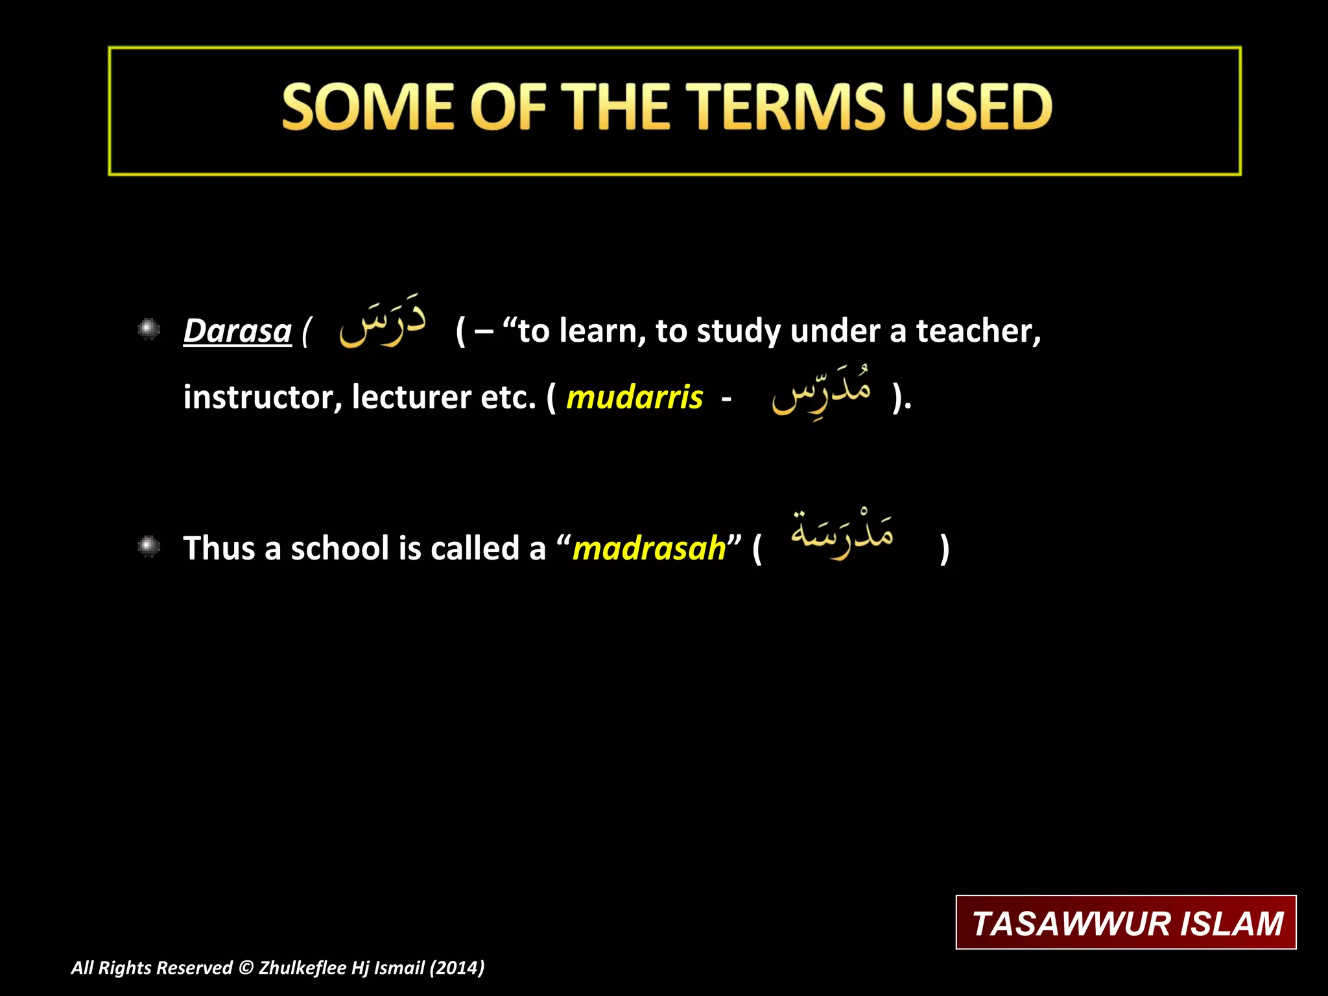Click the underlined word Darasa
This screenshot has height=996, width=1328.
pyautogui.click(x=237, y=331)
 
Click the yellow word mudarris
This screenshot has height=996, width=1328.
pyautogui.click(x=634, y=397)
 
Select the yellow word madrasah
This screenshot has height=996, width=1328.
pyautogui.click(x=649, y=549)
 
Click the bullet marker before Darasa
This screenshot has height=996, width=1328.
pyautogui.click(x=149, y=329)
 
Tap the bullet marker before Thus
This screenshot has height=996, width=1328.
pyautogui.click(x=149, y=547)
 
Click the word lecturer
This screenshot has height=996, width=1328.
pyautogui.click(x=411, y=397)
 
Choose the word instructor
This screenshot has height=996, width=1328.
pyautogui.click(x=263, y=397)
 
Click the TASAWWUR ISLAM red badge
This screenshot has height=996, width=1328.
pyautogui.click(x=1126, y=923)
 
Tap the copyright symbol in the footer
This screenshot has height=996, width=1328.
pyautogui.click(x=246, y=968)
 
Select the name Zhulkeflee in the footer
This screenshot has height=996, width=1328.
pyautogui.click(x=302, y=968)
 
